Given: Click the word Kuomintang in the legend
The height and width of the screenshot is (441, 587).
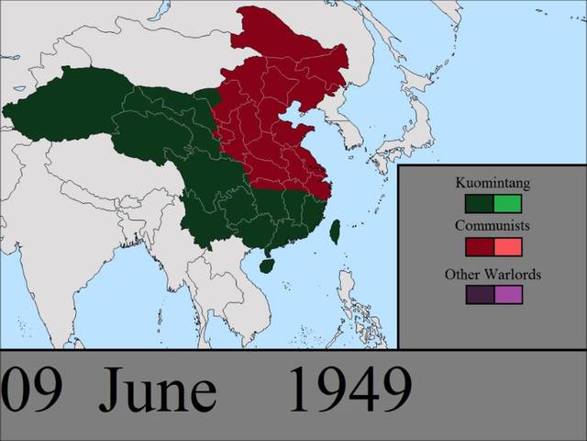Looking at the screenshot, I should pos(493,183).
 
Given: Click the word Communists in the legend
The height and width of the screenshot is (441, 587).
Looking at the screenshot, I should pos(493,225).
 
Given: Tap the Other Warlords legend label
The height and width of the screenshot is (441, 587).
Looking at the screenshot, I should pos(493,274).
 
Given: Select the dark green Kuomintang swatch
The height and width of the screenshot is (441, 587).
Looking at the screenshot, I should pos(479,203).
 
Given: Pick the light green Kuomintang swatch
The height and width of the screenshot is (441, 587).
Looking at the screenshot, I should pos(507,203).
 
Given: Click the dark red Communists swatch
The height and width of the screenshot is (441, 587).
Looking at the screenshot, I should pos(479,247).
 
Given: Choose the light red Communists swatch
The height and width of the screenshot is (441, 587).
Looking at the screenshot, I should pos(507,247).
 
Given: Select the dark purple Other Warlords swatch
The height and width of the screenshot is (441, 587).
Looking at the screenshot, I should pos(479,295).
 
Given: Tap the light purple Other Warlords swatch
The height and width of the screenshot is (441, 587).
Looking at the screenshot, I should pos(507,295).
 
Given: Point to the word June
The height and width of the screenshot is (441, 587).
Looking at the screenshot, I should pos(158,391).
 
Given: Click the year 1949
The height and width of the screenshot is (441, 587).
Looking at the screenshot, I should pos(349,391).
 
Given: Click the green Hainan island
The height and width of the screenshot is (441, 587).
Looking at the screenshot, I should pos(267,266).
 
